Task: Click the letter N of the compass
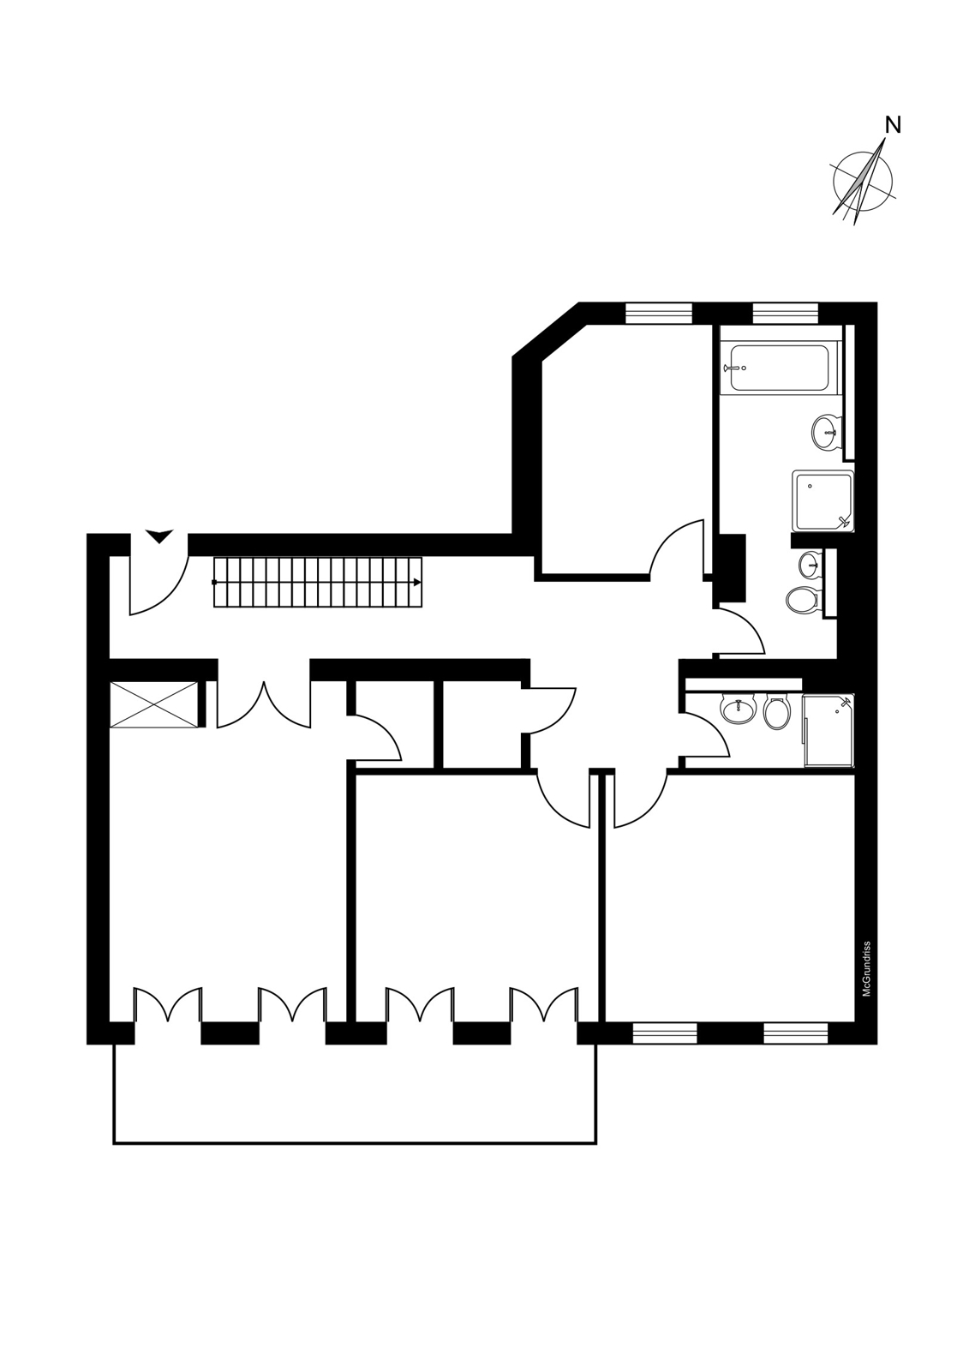coord(894,125)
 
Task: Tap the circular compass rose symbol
coord(863,181)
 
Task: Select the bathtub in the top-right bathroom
coord(779,368)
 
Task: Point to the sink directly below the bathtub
coord(827,432)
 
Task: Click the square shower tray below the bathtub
coord(822,500)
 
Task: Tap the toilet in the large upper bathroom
coord(803,600)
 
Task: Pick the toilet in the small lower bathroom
coord(777,712)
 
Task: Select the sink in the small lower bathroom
coord(738,709)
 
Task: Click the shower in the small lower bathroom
coord(828,730)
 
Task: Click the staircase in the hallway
coord(318,582)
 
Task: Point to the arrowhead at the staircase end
coord(417,582)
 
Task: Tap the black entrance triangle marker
coord(159,536)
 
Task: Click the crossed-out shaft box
coord(154,705)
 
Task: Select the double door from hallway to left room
coord(264,705)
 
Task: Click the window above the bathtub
coord(786,313)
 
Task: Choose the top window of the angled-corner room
coord(659,313)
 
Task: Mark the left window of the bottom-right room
coord(665,1033)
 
